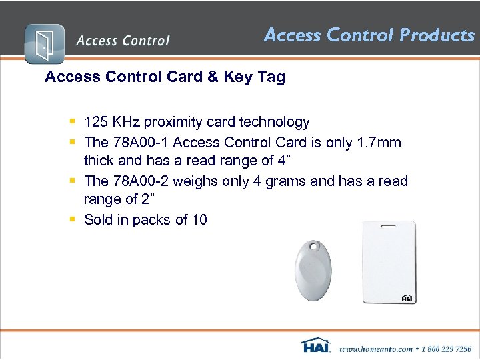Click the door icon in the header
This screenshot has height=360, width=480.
[45, 44]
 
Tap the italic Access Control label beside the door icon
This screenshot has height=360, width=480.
[123, 41]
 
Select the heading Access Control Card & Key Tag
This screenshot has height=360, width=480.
[165, 77]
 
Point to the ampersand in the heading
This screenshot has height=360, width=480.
[213, 77]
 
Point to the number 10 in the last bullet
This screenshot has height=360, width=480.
[199, 219]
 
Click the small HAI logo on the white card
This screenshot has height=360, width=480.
[406, 299]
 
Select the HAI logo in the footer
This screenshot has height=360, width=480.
[316, 345]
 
